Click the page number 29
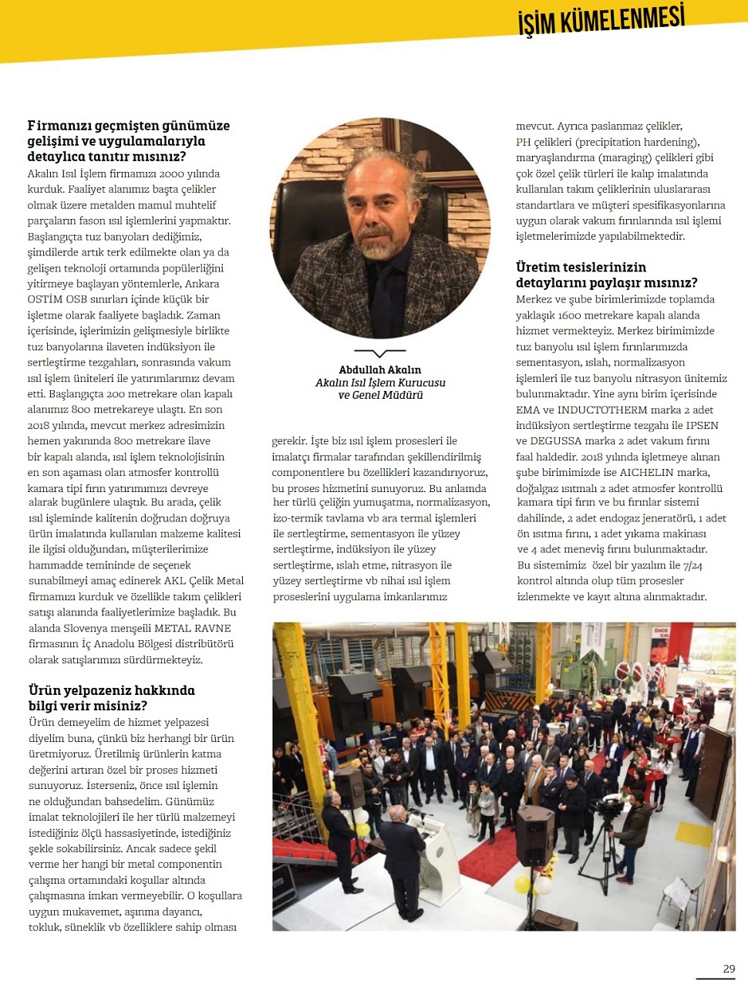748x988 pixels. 729,969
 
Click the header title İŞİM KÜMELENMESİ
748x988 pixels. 601,20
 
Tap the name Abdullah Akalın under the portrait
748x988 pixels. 380,370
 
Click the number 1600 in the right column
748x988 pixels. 569,315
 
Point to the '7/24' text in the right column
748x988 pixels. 692,565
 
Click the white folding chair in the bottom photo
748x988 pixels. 680,895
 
